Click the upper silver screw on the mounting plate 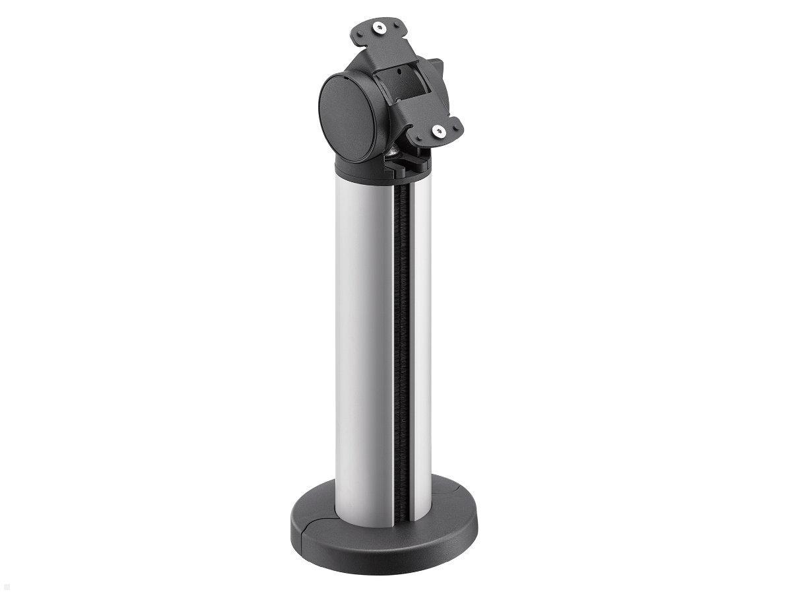coord(379,28)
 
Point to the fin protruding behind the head coord(436,67)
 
